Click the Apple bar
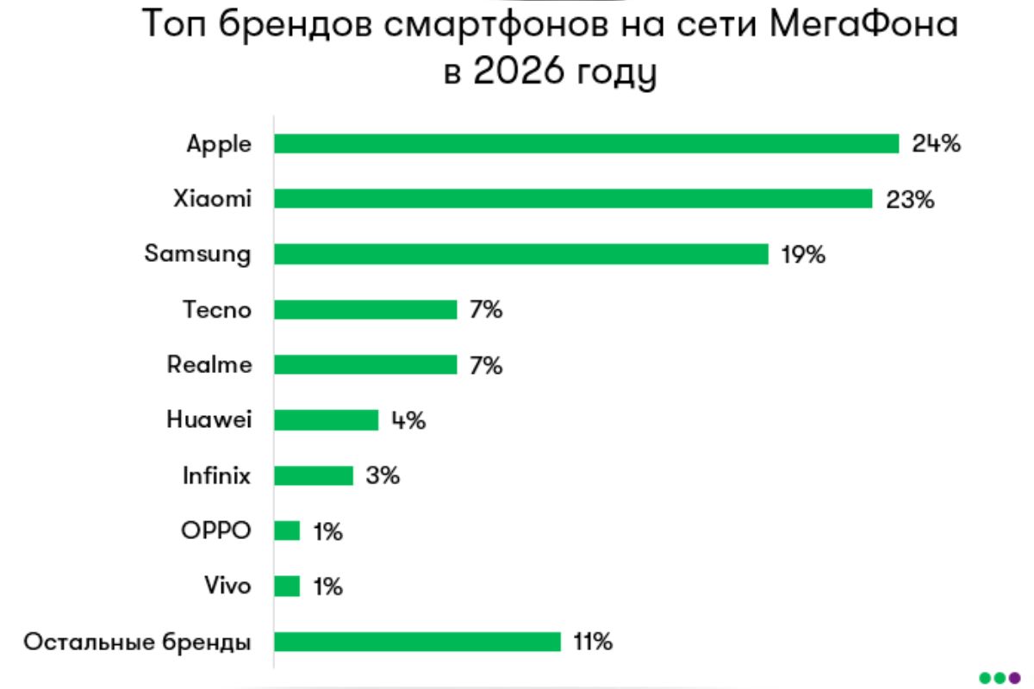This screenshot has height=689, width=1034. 586,144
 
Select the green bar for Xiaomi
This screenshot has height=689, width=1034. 573,199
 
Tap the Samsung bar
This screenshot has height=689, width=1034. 520,254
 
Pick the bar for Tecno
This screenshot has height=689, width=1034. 365,309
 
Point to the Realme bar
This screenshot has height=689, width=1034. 365,364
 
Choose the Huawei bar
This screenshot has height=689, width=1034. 326,420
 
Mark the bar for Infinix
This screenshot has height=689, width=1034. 314,475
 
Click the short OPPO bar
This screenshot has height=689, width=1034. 287,531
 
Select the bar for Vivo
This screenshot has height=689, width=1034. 287,587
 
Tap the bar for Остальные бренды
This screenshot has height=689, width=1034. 417,642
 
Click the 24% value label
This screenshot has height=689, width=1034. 936,144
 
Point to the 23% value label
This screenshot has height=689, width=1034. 910,199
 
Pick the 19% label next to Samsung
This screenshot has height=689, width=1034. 804,254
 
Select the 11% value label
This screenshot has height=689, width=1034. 594,642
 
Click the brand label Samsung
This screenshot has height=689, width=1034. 198,254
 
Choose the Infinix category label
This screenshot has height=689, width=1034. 216,475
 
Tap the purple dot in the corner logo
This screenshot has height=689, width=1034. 1013,676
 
